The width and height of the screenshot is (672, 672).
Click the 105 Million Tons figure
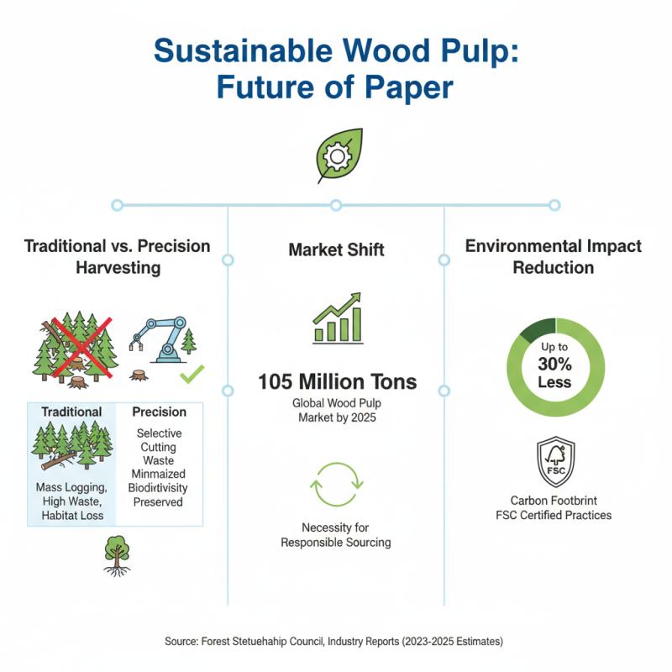coord(336,382)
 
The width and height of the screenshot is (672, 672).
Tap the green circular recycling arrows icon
coord(336,485)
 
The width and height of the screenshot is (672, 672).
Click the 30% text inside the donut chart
coord(554,365)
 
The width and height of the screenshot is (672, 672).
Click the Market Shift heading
coord(336,249)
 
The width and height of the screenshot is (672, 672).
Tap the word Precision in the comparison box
coord(160,412)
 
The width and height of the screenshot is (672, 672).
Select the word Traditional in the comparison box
coord(71,412)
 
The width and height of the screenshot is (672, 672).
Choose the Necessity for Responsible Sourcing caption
coord(336,535)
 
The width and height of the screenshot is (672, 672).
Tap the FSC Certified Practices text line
coord(554,515)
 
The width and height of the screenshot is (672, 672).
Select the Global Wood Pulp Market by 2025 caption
coord(336,411)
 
